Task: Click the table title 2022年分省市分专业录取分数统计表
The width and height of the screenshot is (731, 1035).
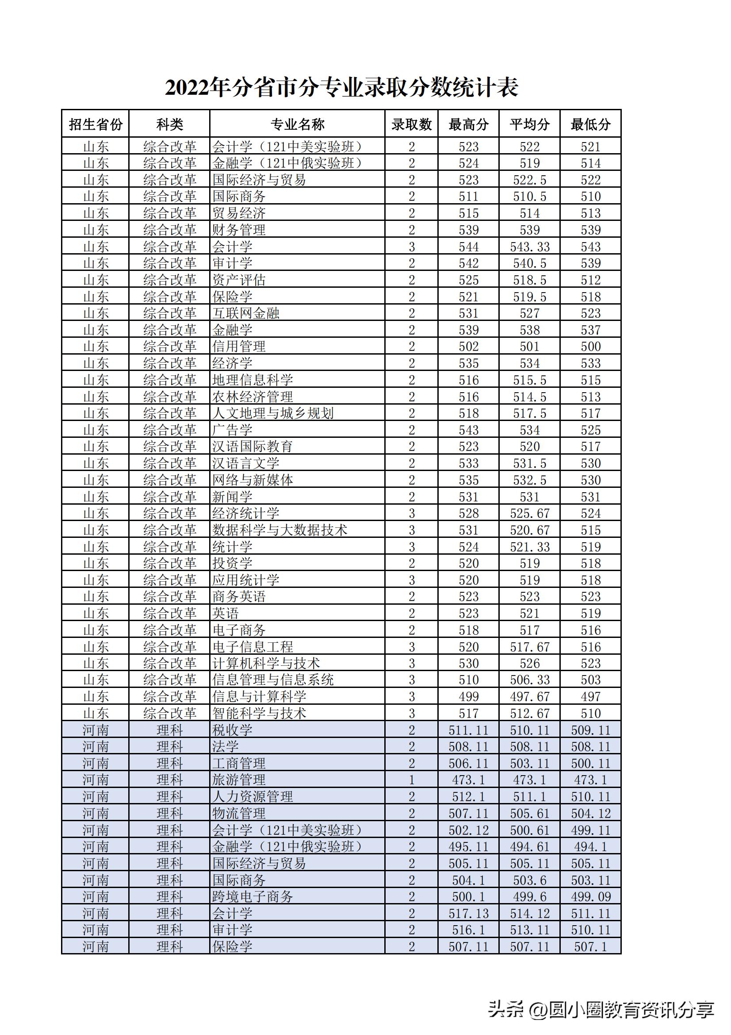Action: coord(341,88)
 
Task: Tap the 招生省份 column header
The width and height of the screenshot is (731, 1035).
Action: coord(96,124)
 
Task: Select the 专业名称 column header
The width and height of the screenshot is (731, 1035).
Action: coord(297,124)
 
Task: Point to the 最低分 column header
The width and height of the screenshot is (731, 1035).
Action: coord(590,124)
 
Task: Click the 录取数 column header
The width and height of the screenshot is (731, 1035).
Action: coord(411,124)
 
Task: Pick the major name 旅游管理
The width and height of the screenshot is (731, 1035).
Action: coord(239,780)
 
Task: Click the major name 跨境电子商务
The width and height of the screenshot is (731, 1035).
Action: coord(252,896)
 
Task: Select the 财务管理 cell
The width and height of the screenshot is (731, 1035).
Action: coord(239,230)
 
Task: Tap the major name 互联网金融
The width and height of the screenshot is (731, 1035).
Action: coord(245,313)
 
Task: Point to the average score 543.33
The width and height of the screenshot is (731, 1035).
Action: coord(530,247)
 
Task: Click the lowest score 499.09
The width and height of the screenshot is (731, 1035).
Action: coord(590,896)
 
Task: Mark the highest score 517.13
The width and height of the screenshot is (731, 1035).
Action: coord(468,913)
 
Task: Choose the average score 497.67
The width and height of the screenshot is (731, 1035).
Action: coord(530,696)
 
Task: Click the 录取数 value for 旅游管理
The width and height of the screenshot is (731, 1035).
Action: coord(411,780)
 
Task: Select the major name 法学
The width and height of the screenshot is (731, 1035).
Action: coord(225,746)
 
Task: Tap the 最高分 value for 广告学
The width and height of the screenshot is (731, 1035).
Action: coord(468,430)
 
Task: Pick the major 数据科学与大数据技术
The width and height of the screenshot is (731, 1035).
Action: coord(279,530)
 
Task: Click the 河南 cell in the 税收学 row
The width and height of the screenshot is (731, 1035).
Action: coord(96,730)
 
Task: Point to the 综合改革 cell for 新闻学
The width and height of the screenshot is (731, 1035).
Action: coord(170,497)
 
